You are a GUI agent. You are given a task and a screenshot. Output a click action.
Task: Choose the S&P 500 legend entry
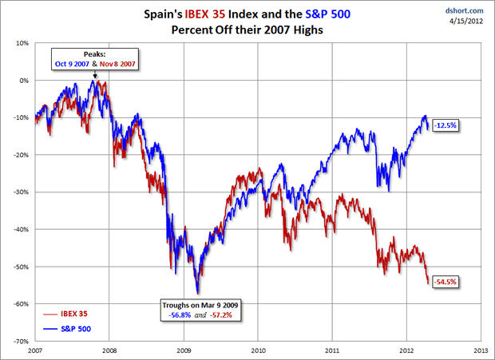(x=74, y=327)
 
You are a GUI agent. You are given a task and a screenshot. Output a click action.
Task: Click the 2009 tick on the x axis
(x=184, y=350)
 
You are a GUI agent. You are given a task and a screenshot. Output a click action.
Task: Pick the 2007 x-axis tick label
(x=35, y=350)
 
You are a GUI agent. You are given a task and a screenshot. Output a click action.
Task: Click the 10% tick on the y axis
(x=22, y=42)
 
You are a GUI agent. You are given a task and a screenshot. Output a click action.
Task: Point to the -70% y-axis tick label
(x=21, y=341)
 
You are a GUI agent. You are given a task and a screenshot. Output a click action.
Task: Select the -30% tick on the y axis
(x=21, y=192)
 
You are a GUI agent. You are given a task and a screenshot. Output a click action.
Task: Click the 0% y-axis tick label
(x=24, y=80)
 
